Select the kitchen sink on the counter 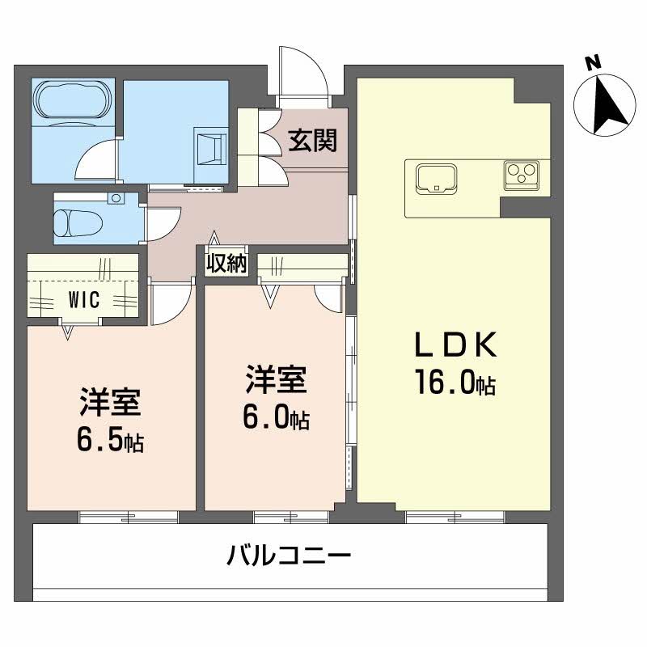pyautogui.click(x=436, y=178)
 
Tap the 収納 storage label pyautogui.click(x=226, y=264)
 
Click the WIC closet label pyautogui.click(x=82, y=301)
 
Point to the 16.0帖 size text pyautogui.click(x=454, y=383)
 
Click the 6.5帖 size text pyautogui.click(x=112, y=440)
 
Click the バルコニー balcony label pyautogui.click(x=288, y=557)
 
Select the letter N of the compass pyautogui.click(x=593, y=61)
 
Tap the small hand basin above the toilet pyautogui.click(x=116, y=198)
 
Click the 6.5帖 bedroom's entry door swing pyautogui.click(x=169, y=301)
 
